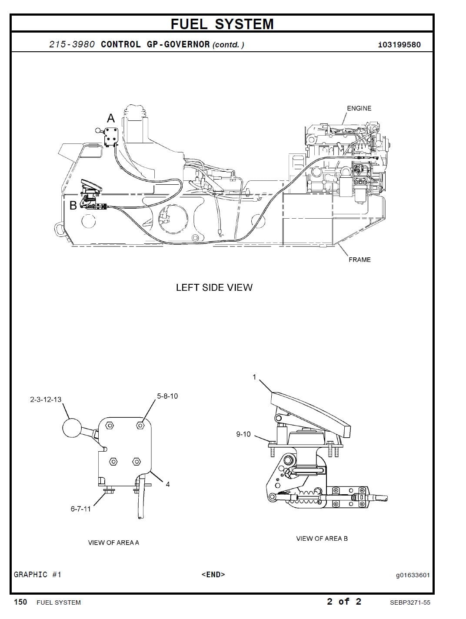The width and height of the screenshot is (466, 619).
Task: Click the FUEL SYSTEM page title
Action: [222, 24]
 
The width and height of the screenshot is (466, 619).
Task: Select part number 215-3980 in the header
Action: [72, 45]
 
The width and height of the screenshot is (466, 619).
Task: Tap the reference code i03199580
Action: [399, 45]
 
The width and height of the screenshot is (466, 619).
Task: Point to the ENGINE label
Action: [359, 108]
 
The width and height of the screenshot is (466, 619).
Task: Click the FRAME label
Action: [359, 260]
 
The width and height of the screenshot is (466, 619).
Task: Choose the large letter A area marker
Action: [111, 118]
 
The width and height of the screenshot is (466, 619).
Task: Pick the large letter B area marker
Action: [73, 205]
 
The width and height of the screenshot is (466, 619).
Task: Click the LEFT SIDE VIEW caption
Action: [214, 287]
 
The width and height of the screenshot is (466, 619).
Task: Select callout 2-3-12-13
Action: [46, 399]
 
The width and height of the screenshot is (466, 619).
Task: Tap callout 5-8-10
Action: [167, 396]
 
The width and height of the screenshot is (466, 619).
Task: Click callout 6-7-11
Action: [80, 509]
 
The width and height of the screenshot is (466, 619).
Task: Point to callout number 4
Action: [168, 485]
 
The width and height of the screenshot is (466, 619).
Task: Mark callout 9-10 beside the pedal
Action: [243, 434]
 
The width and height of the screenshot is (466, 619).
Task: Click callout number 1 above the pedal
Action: [254, 377]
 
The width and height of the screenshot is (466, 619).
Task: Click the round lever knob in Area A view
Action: [72, 428]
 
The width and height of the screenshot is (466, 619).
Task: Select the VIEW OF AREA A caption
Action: [113, 542]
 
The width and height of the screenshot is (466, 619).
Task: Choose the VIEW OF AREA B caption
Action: [322, 538]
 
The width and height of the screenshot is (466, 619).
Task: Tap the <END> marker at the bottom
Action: [213, 574]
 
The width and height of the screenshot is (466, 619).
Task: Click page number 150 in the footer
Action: [20, 602]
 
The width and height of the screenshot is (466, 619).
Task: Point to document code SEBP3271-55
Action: [410, 602]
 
